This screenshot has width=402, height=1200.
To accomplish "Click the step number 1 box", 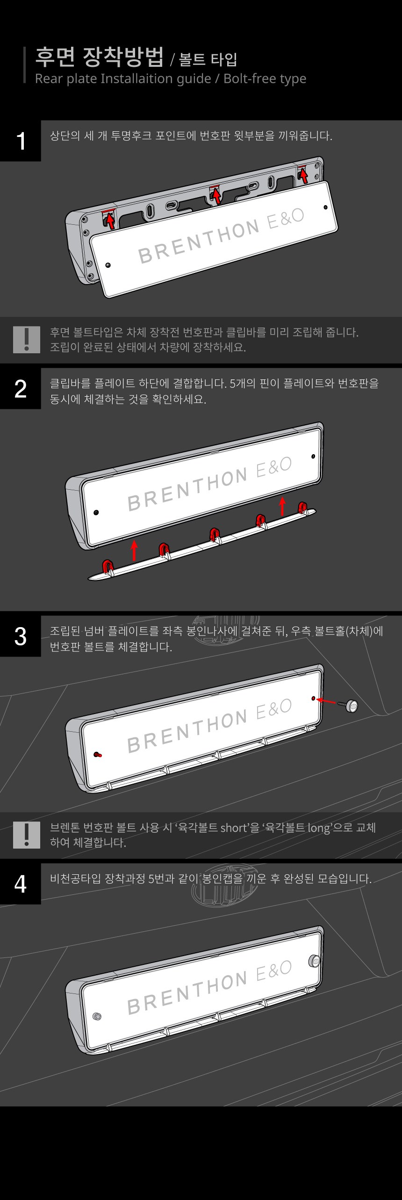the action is (x=21, y=141).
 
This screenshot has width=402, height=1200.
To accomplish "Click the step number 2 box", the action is (x=21, y=388).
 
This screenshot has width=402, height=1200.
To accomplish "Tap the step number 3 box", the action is (x=21, y=636).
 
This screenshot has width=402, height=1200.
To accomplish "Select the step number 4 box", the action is (x=21, y=884).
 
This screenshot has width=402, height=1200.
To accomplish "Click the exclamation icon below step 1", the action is (x=27, y=339).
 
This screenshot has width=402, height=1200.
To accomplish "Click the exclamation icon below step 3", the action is (x=27, y=835).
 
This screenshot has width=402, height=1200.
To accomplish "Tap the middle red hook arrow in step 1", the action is (x=216, y=194).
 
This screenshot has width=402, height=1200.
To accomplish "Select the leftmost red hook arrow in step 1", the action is (x=110, y=220).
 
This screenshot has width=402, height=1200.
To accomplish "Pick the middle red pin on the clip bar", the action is (x=215, y=534).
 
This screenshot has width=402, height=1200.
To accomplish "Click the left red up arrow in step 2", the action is (x=134, y=550).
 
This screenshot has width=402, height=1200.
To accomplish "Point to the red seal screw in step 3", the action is (x=98, y=754).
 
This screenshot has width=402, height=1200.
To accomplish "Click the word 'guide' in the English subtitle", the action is (x=191, y=79).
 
